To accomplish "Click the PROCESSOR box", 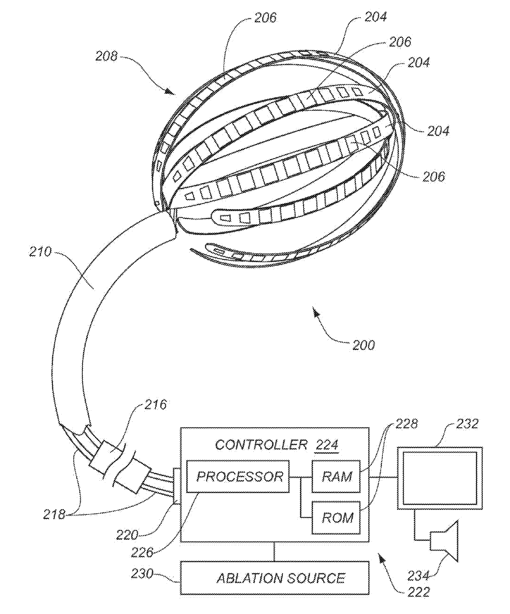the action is coord(238,476).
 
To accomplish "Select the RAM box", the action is coord(336,476).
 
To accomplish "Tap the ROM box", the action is coord(336,518).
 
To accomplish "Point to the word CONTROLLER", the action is coord(261,445).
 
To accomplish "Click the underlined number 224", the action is coord(327,445).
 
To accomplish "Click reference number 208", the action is coord(106,56).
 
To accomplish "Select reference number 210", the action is coord(40,252).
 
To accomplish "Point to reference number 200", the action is coord(364,345).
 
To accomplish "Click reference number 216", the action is coord(155,405).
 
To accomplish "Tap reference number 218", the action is coord(54,514).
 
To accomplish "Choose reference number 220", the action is coord(127,535).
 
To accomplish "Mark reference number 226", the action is coord(142,553).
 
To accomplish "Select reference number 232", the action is coord(467,424).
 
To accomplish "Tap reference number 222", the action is coord(418,592).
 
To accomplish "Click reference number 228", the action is coord(406,424).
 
